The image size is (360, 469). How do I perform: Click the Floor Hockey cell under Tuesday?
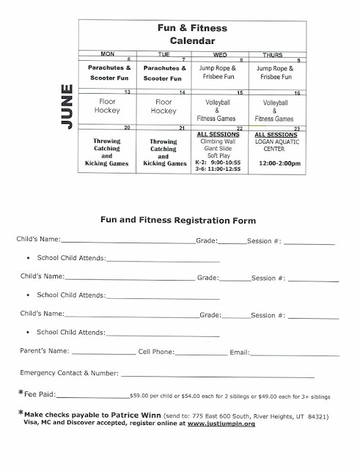tap(171, 106)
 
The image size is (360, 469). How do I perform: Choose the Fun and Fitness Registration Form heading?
tap(180, 218)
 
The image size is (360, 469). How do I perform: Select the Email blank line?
tap(293, 353)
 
